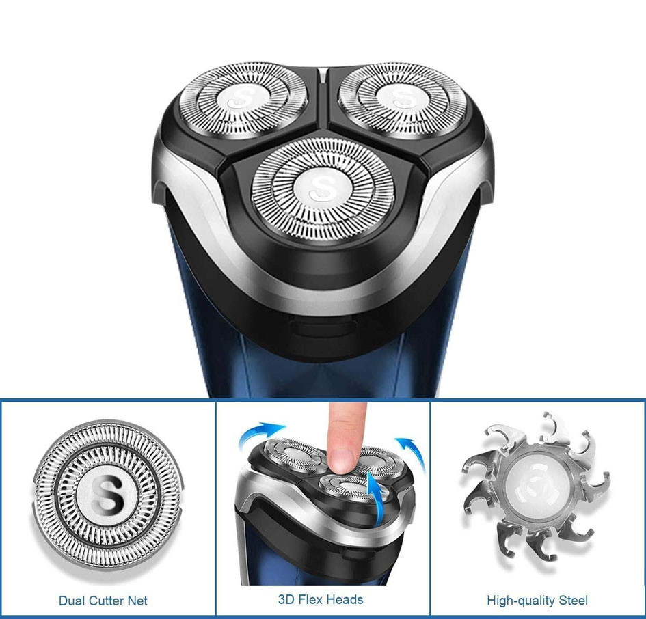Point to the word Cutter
pos(106,601)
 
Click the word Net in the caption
pos(138,601)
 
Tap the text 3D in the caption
pos(286,599)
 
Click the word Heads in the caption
pos(347,599)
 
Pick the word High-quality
pos(519,601)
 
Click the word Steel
pos(571,600)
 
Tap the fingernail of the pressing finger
pos(342,460)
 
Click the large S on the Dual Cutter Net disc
pos(107,495)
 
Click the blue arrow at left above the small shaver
pos(258,434)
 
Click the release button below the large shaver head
pos(322,325)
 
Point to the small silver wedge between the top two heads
pos(323,74)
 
